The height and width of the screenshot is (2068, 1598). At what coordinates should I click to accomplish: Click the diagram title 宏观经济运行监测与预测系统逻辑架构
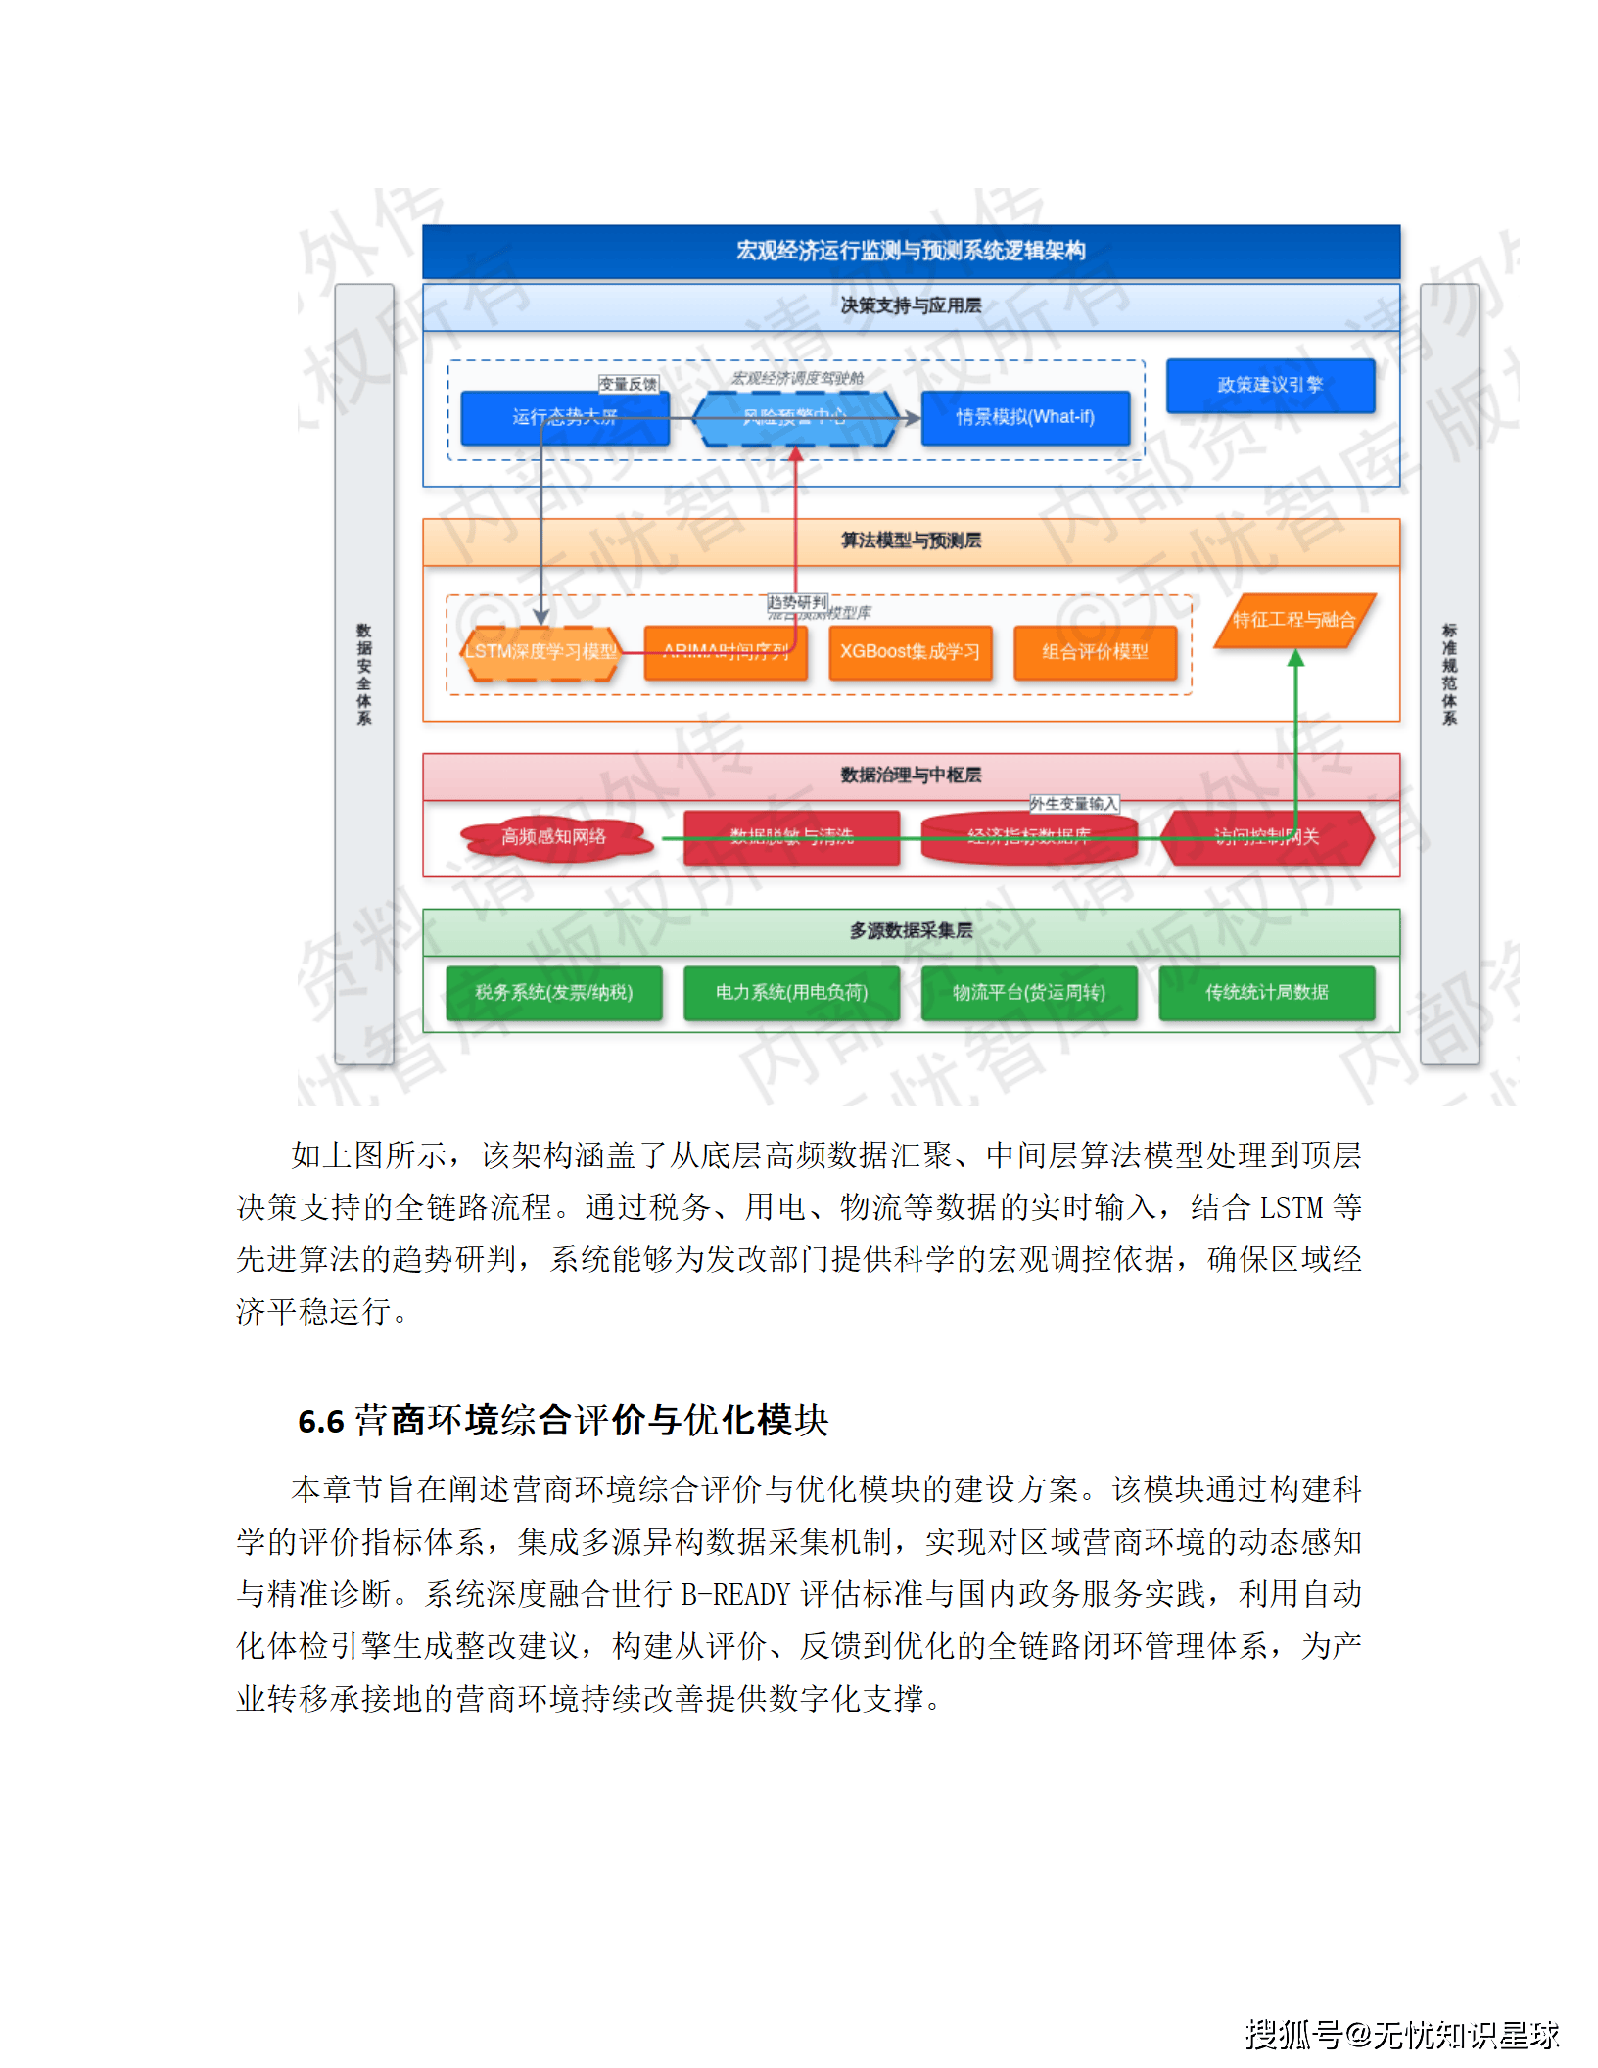pyautogui.click(x=911, y=251)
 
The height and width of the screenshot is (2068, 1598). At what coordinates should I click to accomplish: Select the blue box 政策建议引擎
pyautogui.click(x=1270, y=385)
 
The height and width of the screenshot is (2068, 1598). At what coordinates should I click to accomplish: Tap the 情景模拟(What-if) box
pyautogui.click(x=1024, y=418)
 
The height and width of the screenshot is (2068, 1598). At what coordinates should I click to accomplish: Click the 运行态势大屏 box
pyautogui.click(x=564, y=418)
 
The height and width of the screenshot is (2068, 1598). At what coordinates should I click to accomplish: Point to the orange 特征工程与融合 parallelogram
pyautogui.click(x=1293, y=620)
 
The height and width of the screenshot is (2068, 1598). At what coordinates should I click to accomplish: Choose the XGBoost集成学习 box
pyautogui.click(x=910, y=652)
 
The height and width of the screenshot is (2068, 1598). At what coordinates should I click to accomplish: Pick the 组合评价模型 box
pyautogui.click(x=1095, y=652)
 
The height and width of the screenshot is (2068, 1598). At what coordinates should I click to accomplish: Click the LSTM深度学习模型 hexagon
pyautogui.click(x=540, y=652)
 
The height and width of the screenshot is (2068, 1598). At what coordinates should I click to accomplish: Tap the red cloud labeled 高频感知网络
pyautogui.click(x=554, y=837)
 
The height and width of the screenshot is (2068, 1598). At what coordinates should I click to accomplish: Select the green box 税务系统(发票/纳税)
pyautogui.click(x=554, y=993)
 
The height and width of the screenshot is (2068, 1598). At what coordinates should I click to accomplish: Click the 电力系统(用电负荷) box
pyautogui.click(x=791, y=993)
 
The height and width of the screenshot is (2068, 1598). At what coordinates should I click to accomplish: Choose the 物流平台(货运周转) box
pyautogui.click(x=1029, y=993)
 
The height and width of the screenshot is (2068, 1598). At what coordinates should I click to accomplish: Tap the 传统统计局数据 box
pyautogui.click(x=1266, y=993)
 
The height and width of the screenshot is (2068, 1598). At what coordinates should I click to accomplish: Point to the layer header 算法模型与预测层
pyautogui.click(x=911, y=540)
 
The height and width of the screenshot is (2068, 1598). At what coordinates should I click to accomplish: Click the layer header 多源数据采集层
pyautogui.click(x=911, y=931)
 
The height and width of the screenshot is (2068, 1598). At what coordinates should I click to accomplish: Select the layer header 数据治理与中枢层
pyautogui.click(x=911, y=775)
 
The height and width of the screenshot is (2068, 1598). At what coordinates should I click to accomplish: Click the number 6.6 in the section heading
pyautogui.click(x=321, y=1422)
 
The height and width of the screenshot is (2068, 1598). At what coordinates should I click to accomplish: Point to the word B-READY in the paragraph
pyautogui.click(x=735, y=1595)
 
